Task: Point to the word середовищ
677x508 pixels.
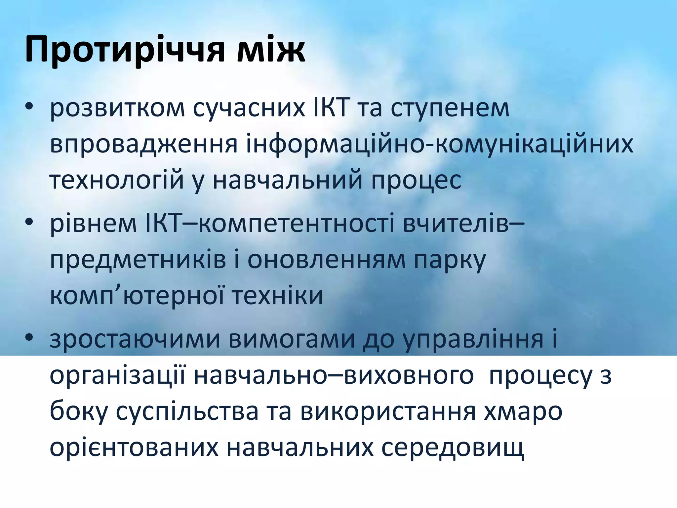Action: coord(453,448)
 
